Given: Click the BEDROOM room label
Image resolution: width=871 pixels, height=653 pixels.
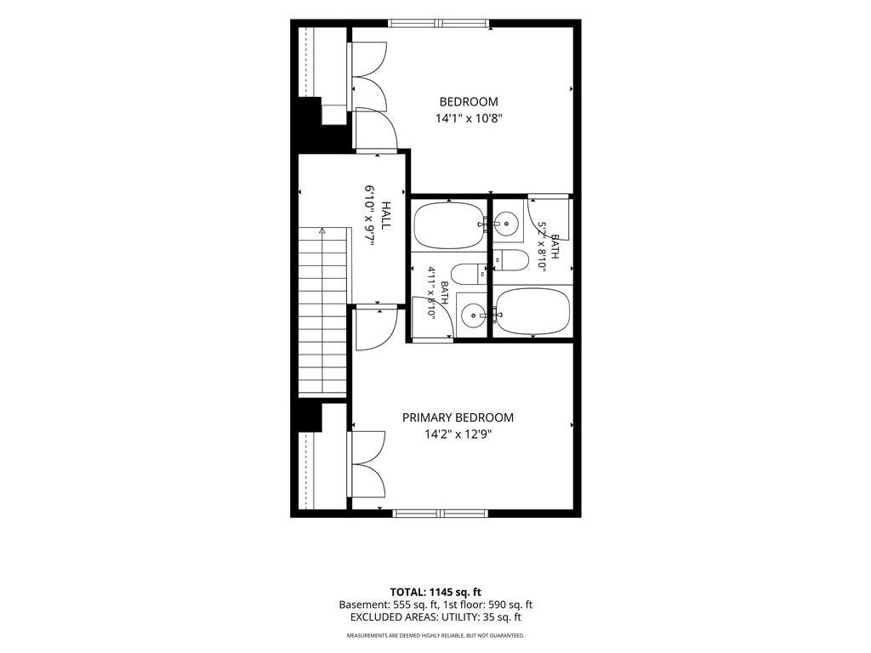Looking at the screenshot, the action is pyautogui.click(x=469, y=102).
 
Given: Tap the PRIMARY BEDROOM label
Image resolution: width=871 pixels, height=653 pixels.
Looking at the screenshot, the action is pyautogui.click(x=458, y=417).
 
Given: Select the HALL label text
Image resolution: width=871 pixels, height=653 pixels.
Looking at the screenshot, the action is pyautogui.click(x=385, y=215).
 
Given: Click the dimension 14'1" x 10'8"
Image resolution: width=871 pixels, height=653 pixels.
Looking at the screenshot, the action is pyautogui.click(x=469, y=118).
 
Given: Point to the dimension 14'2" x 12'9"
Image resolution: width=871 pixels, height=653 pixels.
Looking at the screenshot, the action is pyautogui.click(x=458, y=434).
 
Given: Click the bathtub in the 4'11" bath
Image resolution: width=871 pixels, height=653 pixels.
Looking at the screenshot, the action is pyautogui.click(x=449, y=225).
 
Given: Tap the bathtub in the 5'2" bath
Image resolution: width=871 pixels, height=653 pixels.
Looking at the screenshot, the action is pyautogui.click(x=532, y=311).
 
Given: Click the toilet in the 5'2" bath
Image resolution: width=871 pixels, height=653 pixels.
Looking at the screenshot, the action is pyautogui.click(x=511, y=260).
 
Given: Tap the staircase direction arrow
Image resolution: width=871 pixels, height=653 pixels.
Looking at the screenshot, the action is pyautogui.click(x=322, y=230).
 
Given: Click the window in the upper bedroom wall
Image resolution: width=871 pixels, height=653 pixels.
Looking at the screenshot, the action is pyautogui.click(x=439, y=23).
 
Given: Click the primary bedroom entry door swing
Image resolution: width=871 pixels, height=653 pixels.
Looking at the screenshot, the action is pyautogui.click(x=376, y=327).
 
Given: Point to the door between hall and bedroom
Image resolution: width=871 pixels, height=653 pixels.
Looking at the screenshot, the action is pyautogui.click(x=375, y=129).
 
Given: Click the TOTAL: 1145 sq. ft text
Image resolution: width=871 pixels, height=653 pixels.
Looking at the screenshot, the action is pyautogui.click(x=435, y=592).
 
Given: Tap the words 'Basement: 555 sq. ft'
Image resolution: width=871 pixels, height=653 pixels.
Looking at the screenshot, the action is pyautogui.click(x=385, y=605).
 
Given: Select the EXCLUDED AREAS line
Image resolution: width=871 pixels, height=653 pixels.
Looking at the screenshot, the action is pyautogui.click(x=435, y=617).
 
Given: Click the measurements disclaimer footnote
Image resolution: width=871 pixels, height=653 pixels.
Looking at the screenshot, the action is pyautogui.click(x=435, y=635).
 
